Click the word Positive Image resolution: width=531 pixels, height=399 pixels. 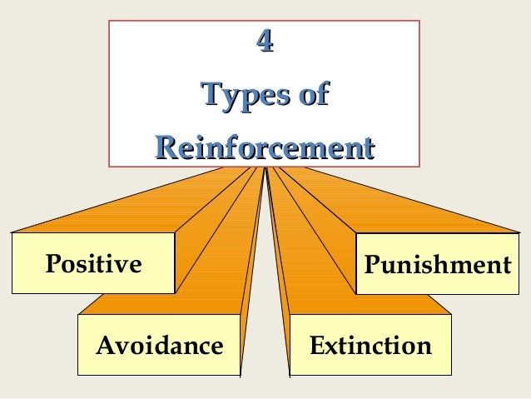(x=93, y=264)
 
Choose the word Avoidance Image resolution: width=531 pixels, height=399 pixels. (x=159, y=344)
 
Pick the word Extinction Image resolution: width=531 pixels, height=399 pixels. (x=370, y=344)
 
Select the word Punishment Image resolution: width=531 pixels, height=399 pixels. (x=438, y=266)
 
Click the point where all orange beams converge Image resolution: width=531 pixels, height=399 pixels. (x=265, y=169)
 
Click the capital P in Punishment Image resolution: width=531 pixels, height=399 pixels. (x=371, y=266)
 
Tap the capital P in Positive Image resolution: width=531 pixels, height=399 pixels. (x=52, y=264)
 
